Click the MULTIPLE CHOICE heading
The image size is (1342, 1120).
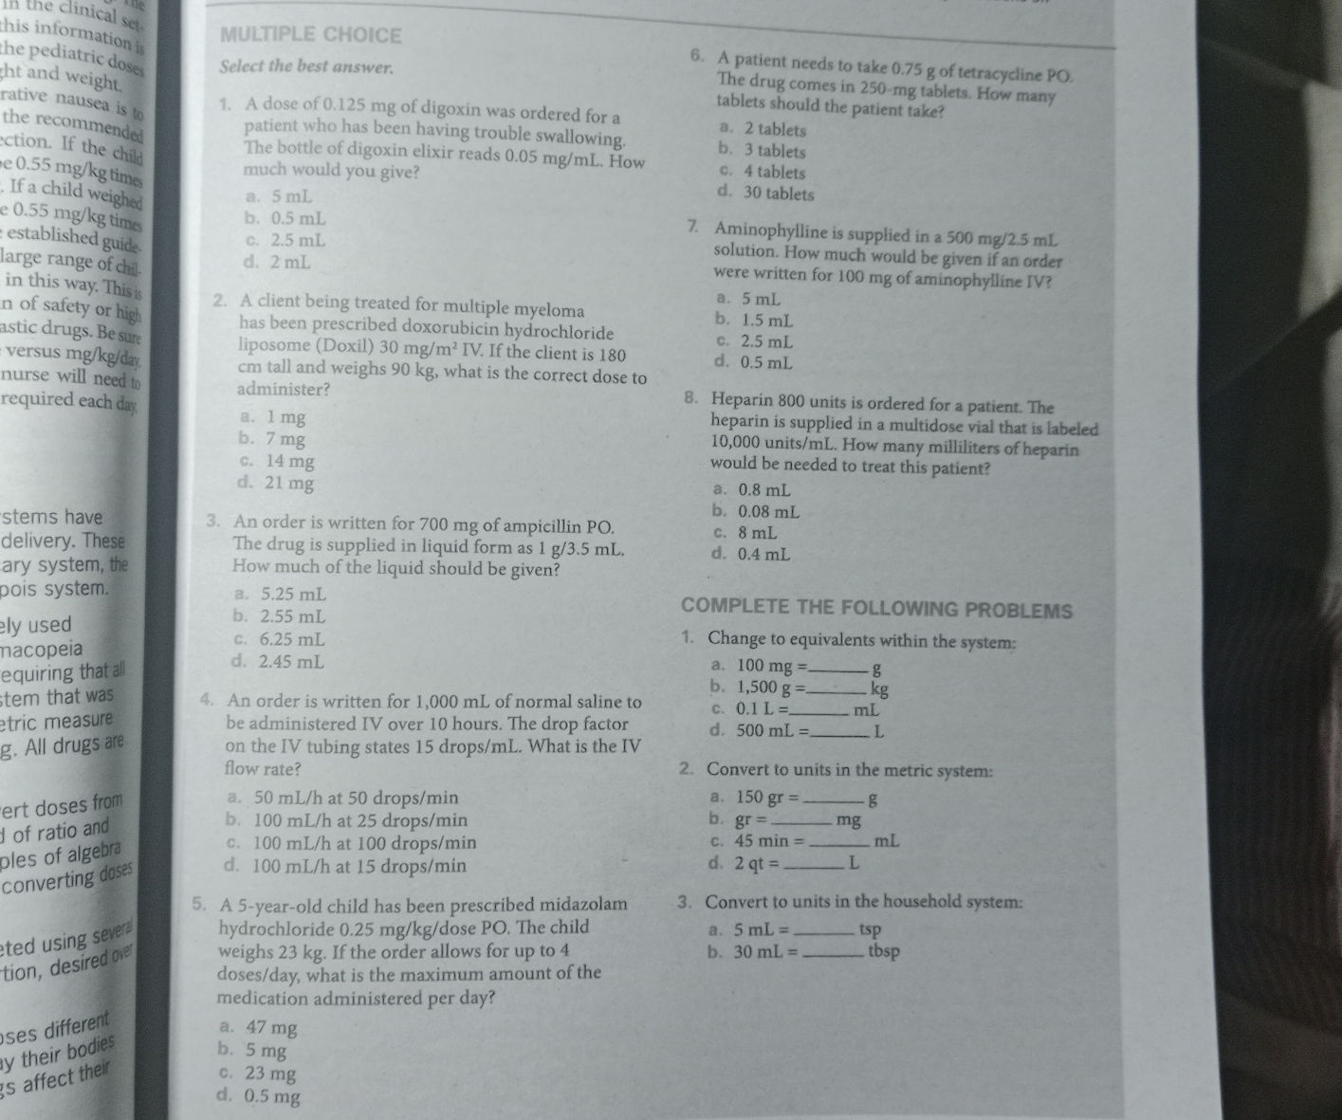coord(310,36)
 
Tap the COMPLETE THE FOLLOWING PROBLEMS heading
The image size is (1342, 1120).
coord(876,610)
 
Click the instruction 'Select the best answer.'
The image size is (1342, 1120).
coord(305,67)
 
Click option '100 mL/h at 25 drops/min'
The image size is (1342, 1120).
coord(347,819)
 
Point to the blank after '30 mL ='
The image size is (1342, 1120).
coord(835,950)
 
